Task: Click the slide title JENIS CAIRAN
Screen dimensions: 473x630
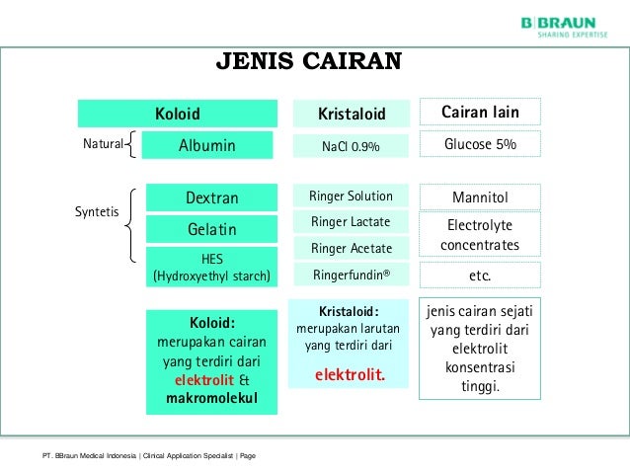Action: [309, 63]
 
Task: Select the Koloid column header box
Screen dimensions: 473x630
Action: [177, 113]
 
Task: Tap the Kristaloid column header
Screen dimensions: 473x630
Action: [351, 114]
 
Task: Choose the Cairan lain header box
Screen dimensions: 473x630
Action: [480, 113]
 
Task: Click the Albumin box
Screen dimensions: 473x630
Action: [206, 145]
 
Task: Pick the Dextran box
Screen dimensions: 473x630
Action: [211, 197]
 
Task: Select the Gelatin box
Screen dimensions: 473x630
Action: [211, 229]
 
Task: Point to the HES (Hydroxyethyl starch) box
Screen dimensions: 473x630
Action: [211, 268]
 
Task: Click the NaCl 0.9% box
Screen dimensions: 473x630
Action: [351, 146]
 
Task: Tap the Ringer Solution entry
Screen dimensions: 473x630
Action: [351, 196]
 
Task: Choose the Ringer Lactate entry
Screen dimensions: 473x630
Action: [351, 221]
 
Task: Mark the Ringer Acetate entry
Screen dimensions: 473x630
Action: [351, 248]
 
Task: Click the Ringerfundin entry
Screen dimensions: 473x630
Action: [351, 275]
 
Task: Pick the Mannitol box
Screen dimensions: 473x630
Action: [480, 197]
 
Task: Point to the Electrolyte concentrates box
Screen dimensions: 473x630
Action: [480, 235]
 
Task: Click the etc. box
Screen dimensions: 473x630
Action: [480, 275]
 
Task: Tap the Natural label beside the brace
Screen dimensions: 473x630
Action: [102, 145]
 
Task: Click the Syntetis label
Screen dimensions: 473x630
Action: [97, 211]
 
